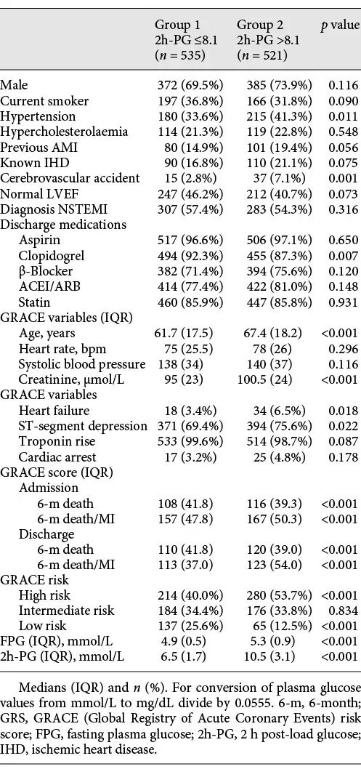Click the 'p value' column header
(340, 24)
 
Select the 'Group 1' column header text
(177, 24)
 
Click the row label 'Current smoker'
(44, 101)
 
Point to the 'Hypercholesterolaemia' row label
(64, 132)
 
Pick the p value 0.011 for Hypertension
(343, 116)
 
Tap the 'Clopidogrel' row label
(52, 255)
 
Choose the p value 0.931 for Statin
(343, 302)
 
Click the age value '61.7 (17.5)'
(184, 332)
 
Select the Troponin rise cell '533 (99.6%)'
(190, 441)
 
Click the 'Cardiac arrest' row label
(55, 456)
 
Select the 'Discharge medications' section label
(63, 225)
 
